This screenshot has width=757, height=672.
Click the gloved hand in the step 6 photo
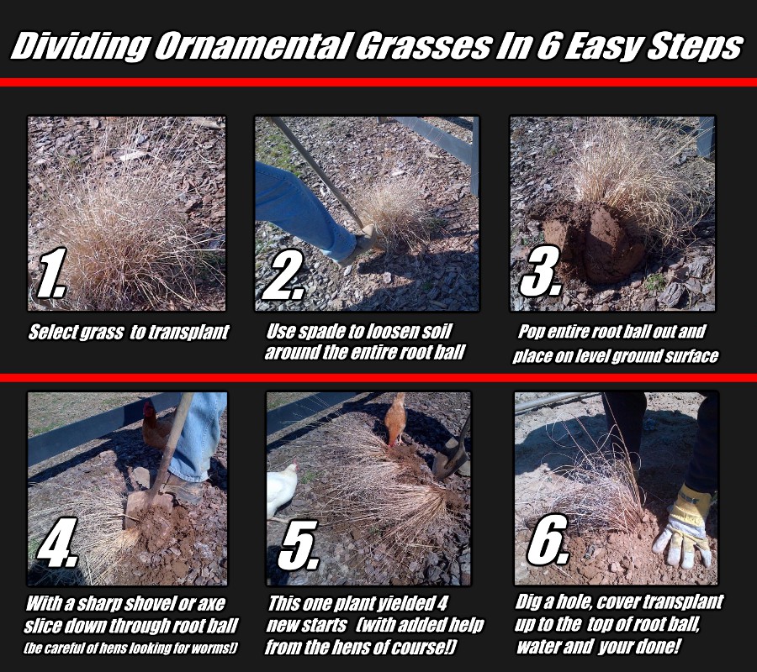pos(686,524)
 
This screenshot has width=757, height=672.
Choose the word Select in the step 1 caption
pos(53,332)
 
